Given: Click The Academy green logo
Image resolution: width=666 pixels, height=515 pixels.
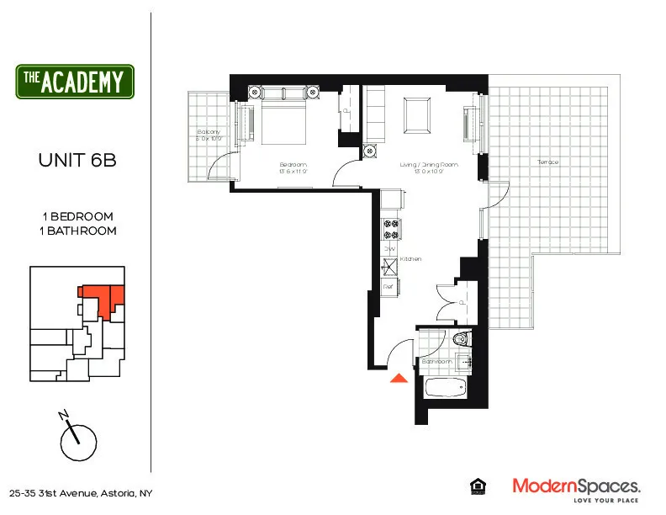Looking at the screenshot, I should click(x=75, y=82).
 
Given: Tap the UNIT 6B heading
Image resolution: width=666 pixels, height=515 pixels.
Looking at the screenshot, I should click(x=77, y=160).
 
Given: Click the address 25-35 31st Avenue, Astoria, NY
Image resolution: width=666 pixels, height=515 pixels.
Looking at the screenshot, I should click(x=81, y=493).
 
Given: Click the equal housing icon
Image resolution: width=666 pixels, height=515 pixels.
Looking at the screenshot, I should click(x=476, y=486).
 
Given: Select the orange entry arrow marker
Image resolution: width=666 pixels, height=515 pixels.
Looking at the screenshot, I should click(x=399, y=378).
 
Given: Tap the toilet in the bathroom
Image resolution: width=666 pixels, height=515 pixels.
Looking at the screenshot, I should click(x=460, y=340).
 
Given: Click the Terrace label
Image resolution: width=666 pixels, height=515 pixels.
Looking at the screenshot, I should click(x=547, y=162).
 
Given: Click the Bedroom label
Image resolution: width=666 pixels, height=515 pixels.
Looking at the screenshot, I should click(x=293, y=164).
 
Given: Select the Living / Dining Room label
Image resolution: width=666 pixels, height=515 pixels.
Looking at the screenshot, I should click(x=428, y=165).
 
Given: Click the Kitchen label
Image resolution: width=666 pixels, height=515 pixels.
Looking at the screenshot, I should click(x=410, y=259).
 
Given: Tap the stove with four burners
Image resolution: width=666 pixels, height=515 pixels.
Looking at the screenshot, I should click(x=390, y=227).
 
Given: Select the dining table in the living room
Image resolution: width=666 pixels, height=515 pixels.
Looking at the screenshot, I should click(x=415, y=115).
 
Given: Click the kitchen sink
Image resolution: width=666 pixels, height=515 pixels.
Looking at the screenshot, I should click(x=389, y=268).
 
